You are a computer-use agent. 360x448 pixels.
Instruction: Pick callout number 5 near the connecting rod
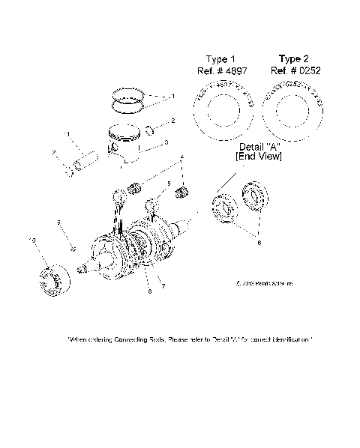[x=169, y=183]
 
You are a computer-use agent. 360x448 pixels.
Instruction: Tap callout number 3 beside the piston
[x=166, y=142]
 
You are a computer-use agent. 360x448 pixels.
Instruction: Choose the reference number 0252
[x=294, y=70]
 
